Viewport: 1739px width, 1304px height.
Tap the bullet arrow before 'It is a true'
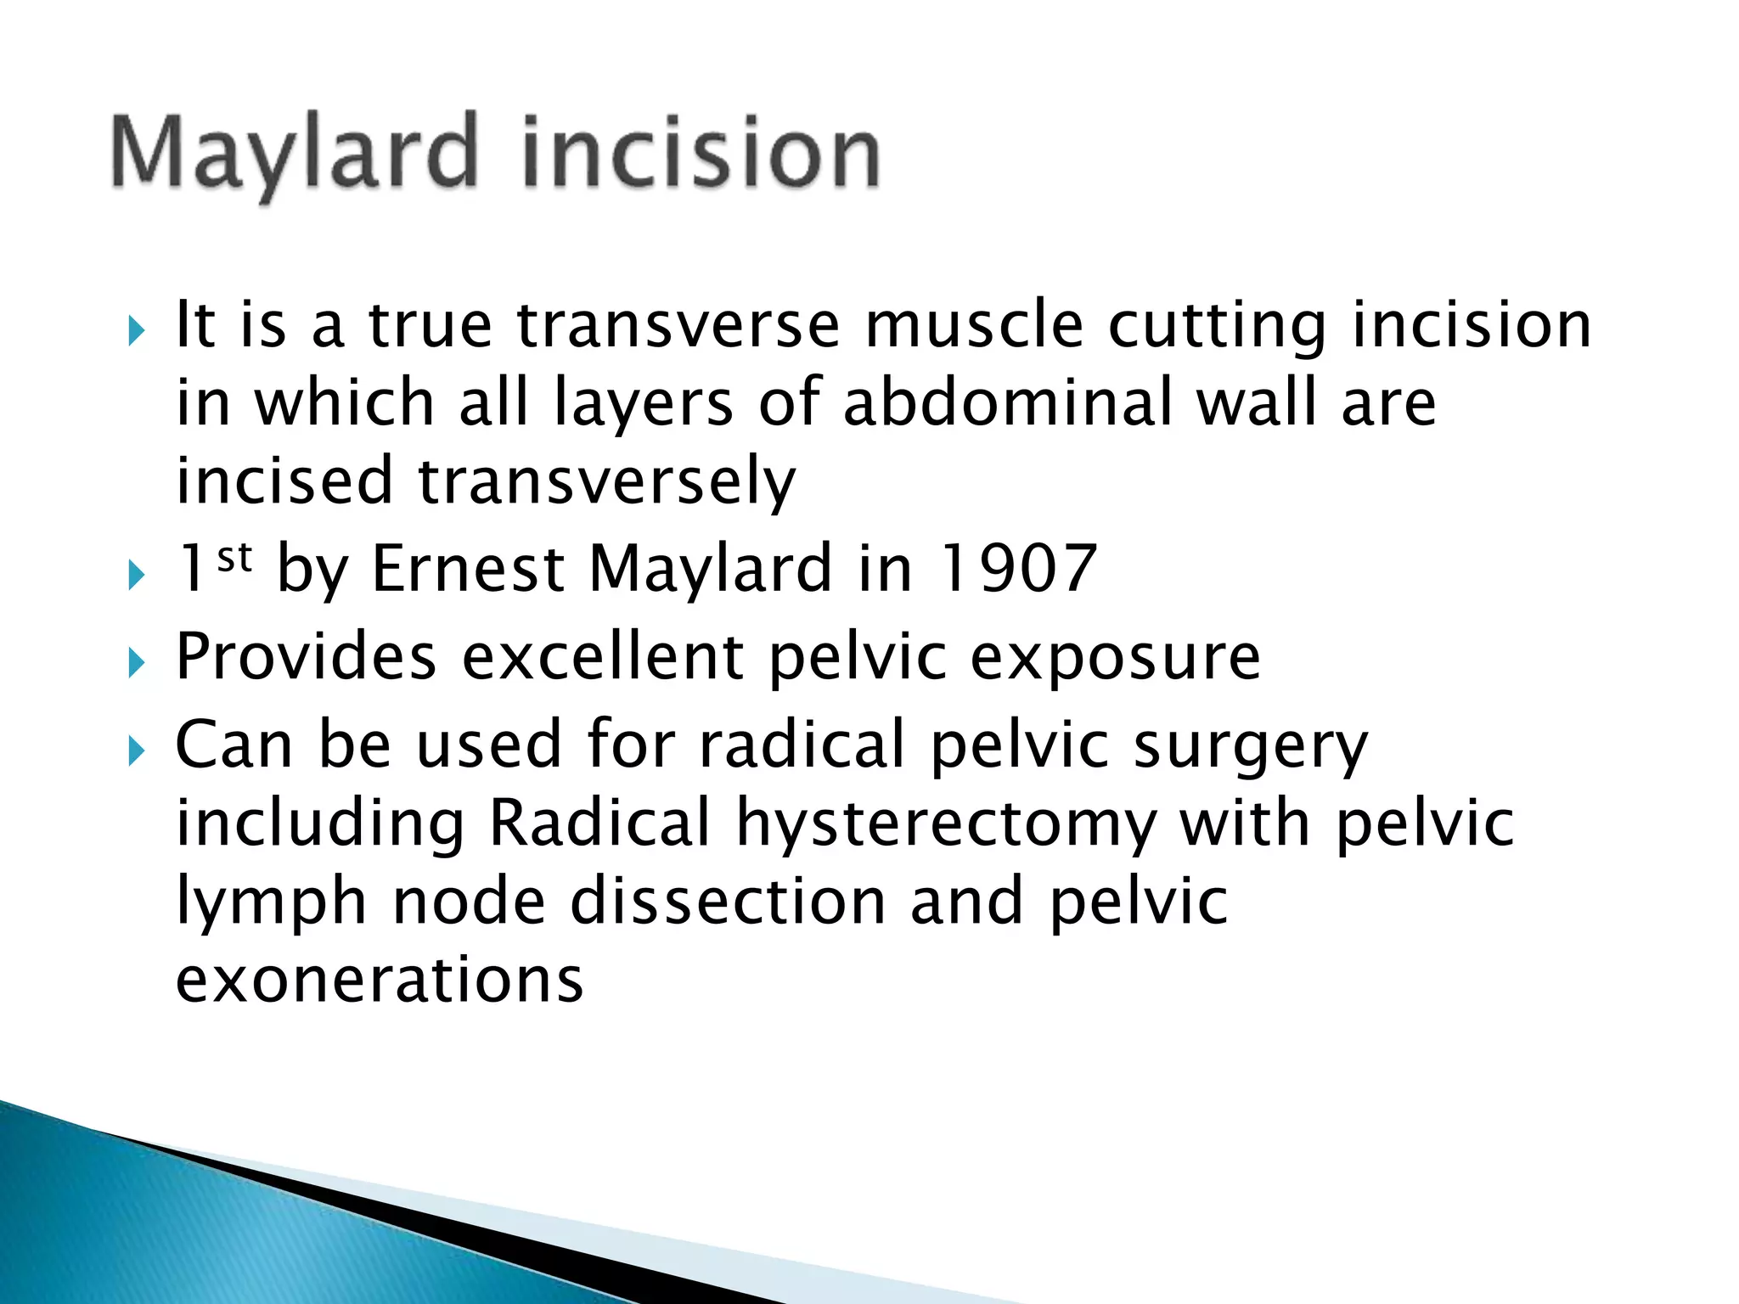pyautogui.click(x=137, y=330)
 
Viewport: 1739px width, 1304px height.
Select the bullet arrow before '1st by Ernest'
pyautogui.click(x=137, y=576)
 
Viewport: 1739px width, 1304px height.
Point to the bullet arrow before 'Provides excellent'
pyautogui.click(x=137, y=662)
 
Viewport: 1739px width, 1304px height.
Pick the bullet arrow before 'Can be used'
pyautogui.click(x=137, y=750)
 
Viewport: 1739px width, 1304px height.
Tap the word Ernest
pyautogui.click(x=468, y=568)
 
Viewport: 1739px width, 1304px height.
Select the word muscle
pyautogui.click(x=974, y=325)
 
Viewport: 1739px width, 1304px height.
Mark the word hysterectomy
pyautogui.click(x=946, y=824)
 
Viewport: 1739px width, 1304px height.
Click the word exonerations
pyautogui.click(x=380, y=980)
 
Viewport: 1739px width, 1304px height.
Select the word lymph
pyautogui.click(x=271, y=902)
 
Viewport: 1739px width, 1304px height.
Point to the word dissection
pyautogui.click(x=728, y=901)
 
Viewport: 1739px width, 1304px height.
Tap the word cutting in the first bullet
pyautogui.click(x=1217, y=327)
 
